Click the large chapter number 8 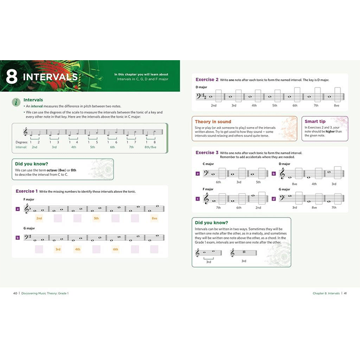12,78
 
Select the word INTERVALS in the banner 50,78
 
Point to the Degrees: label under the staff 22,141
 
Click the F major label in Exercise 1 29,199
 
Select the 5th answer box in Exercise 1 96,218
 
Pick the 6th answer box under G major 115,249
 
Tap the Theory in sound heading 213,121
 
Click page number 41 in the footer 345,293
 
